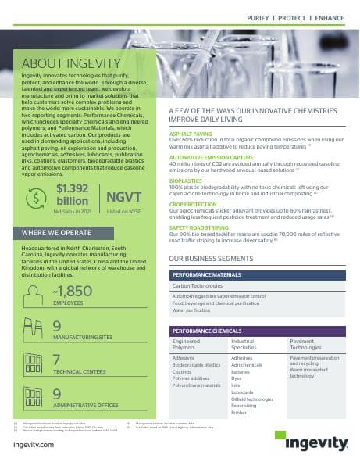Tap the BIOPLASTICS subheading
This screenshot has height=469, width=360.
pos(187,178)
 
